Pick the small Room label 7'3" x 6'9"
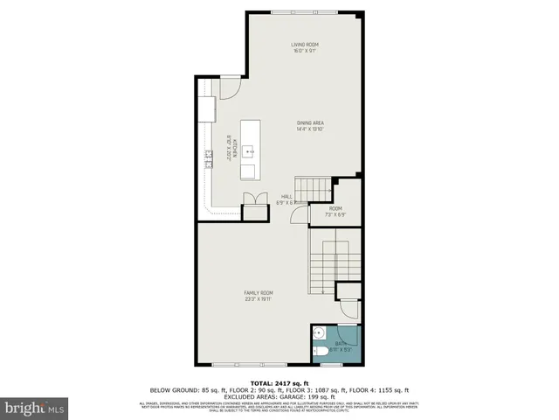(x=335, y=211)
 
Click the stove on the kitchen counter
(x=209, y=158)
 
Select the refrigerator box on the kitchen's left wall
(x=206, y=108)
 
